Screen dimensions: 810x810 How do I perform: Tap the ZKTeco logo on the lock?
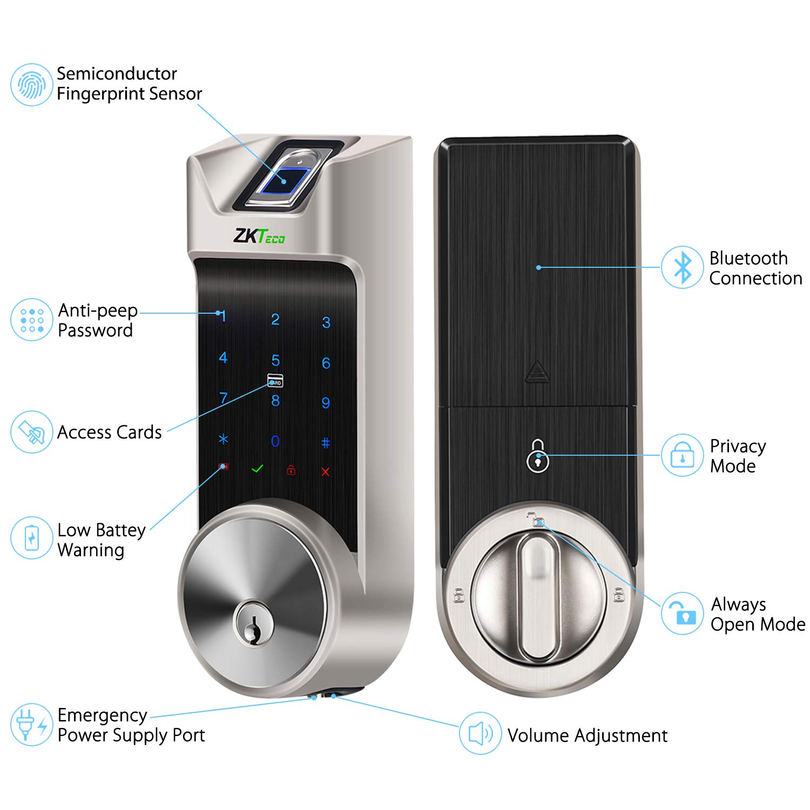259,237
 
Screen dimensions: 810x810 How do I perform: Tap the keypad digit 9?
326,403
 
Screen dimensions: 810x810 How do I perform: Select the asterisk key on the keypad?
223,440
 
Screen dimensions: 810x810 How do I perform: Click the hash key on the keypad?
326,443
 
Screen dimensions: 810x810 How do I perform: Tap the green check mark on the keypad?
258,469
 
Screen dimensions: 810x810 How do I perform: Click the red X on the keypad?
325,472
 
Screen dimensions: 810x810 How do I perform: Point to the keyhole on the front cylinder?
253,626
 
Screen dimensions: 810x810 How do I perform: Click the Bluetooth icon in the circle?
683,267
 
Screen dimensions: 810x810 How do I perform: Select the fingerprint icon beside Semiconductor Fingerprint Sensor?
31,85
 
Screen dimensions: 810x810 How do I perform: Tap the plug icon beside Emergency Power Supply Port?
31,725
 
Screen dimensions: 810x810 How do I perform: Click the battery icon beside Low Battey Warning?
31,538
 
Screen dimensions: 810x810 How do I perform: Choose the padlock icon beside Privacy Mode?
683,455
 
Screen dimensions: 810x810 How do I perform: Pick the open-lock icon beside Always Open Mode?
683,613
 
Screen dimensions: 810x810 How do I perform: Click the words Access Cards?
110,433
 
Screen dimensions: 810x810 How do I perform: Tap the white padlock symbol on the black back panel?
537,456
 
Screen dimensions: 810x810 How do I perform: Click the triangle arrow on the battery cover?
537,372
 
